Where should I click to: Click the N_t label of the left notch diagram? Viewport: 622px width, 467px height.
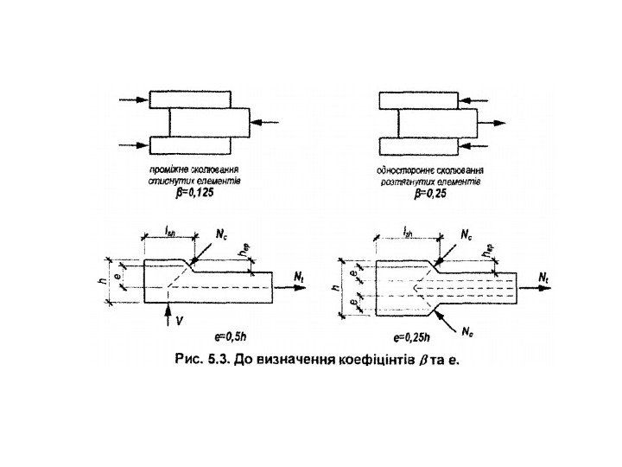click(299, 275)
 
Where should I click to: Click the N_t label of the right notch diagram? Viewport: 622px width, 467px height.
click(544, 276)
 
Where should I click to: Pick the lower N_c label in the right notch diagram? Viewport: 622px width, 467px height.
click(468, 329)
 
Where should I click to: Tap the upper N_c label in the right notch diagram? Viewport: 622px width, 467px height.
click(465, 234)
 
